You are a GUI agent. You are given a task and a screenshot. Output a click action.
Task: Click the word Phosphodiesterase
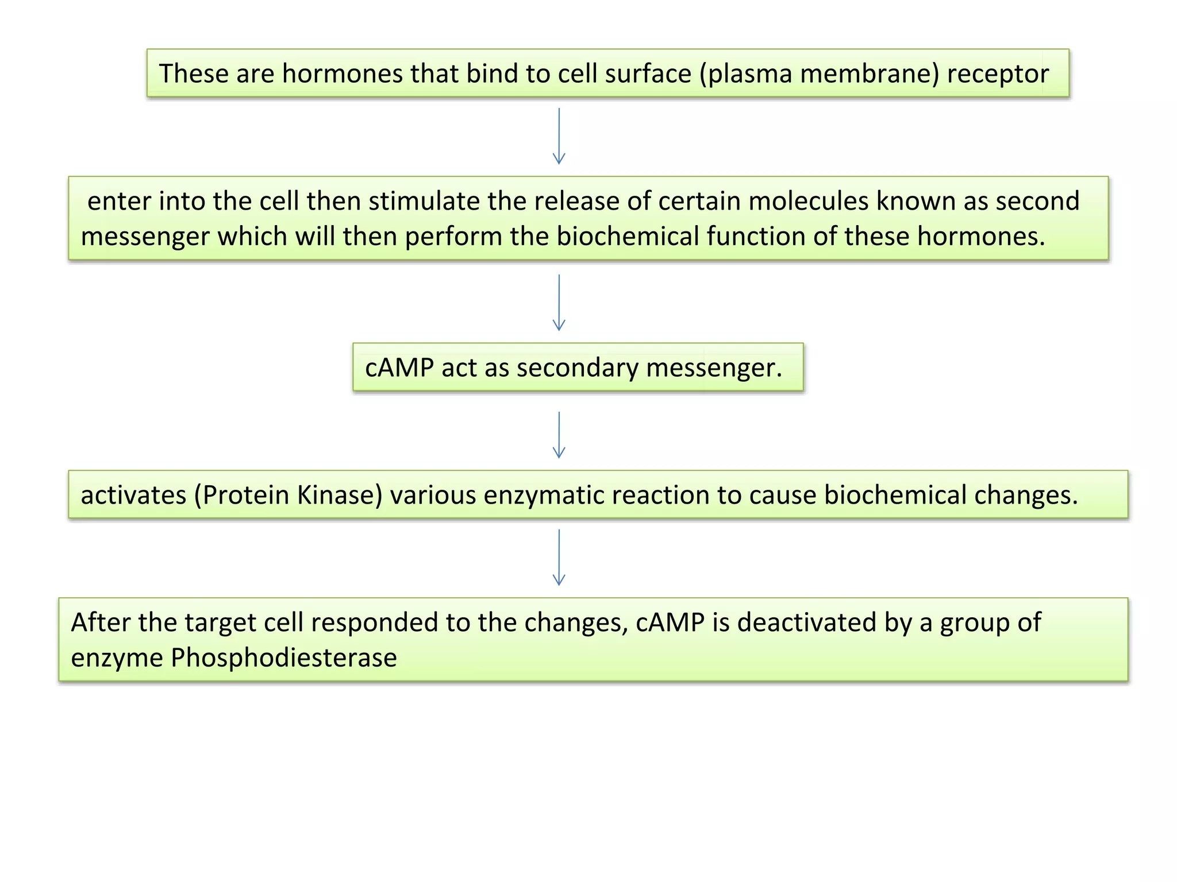(x=283, y=658)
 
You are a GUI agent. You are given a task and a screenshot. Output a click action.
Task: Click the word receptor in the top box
(x=998, y=73)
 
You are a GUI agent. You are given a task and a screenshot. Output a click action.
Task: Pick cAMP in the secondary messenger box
(x=399, y=367)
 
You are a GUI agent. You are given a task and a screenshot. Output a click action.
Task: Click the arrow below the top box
(x=559, y=137)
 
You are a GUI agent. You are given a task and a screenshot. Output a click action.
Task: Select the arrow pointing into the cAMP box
(x=559, y=303)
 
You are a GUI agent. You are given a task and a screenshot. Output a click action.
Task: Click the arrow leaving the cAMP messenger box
(x=559, y=435)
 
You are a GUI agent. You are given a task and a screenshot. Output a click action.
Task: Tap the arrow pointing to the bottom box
(x=559, y=557)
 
